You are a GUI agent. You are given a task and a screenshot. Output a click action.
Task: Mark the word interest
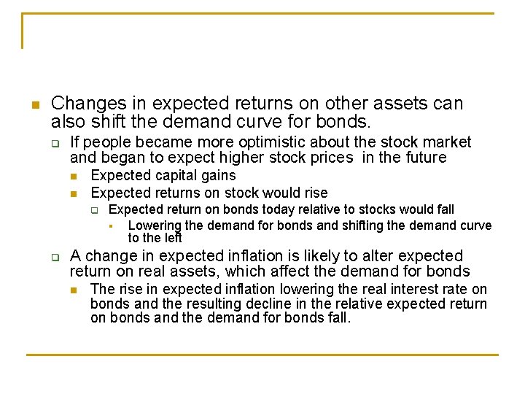pyautogui.click(x=419, y=290)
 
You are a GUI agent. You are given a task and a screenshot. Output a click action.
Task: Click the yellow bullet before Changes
pyautogui.click(x=34, y=105)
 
